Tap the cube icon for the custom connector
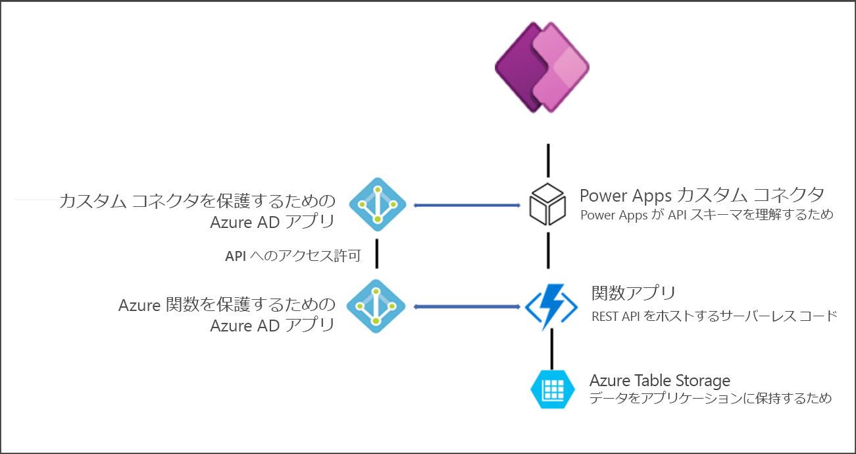coord(547,205)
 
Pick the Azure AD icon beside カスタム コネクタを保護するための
coord(377,205)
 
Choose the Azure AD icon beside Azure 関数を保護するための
coord(377,306)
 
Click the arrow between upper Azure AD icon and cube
coord(467,206)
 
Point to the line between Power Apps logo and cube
coord(547,159)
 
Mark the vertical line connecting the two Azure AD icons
coord(377,254)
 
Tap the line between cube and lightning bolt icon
coord(547,251)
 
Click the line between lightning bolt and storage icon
coord(551,349)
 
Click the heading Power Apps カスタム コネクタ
coord(701,195)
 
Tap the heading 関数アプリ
coord(634,293)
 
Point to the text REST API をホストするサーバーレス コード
coord(715,316)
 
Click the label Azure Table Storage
coord(660,380)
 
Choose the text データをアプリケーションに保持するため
coord(711,399)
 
